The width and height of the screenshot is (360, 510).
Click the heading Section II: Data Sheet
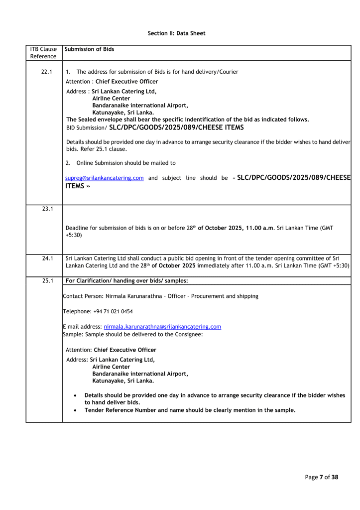[176, 33]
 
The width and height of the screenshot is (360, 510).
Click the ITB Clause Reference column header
[43, 53]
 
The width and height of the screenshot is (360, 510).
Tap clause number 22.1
[47, 72]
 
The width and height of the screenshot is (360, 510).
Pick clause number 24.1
[47, 258]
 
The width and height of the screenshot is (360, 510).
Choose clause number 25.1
[47, 280]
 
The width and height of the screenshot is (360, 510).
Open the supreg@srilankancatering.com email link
[105, 178]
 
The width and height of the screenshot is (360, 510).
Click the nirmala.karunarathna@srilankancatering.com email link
[162, 327]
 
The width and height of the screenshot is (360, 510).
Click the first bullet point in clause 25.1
[75, 395]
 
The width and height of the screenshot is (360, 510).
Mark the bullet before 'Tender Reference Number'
[75, 410]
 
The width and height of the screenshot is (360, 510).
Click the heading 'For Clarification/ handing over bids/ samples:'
[126, 280]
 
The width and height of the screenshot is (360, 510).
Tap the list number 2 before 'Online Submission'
[68, 163]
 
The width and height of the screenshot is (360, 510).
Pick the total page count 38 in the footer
[334, 477]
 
